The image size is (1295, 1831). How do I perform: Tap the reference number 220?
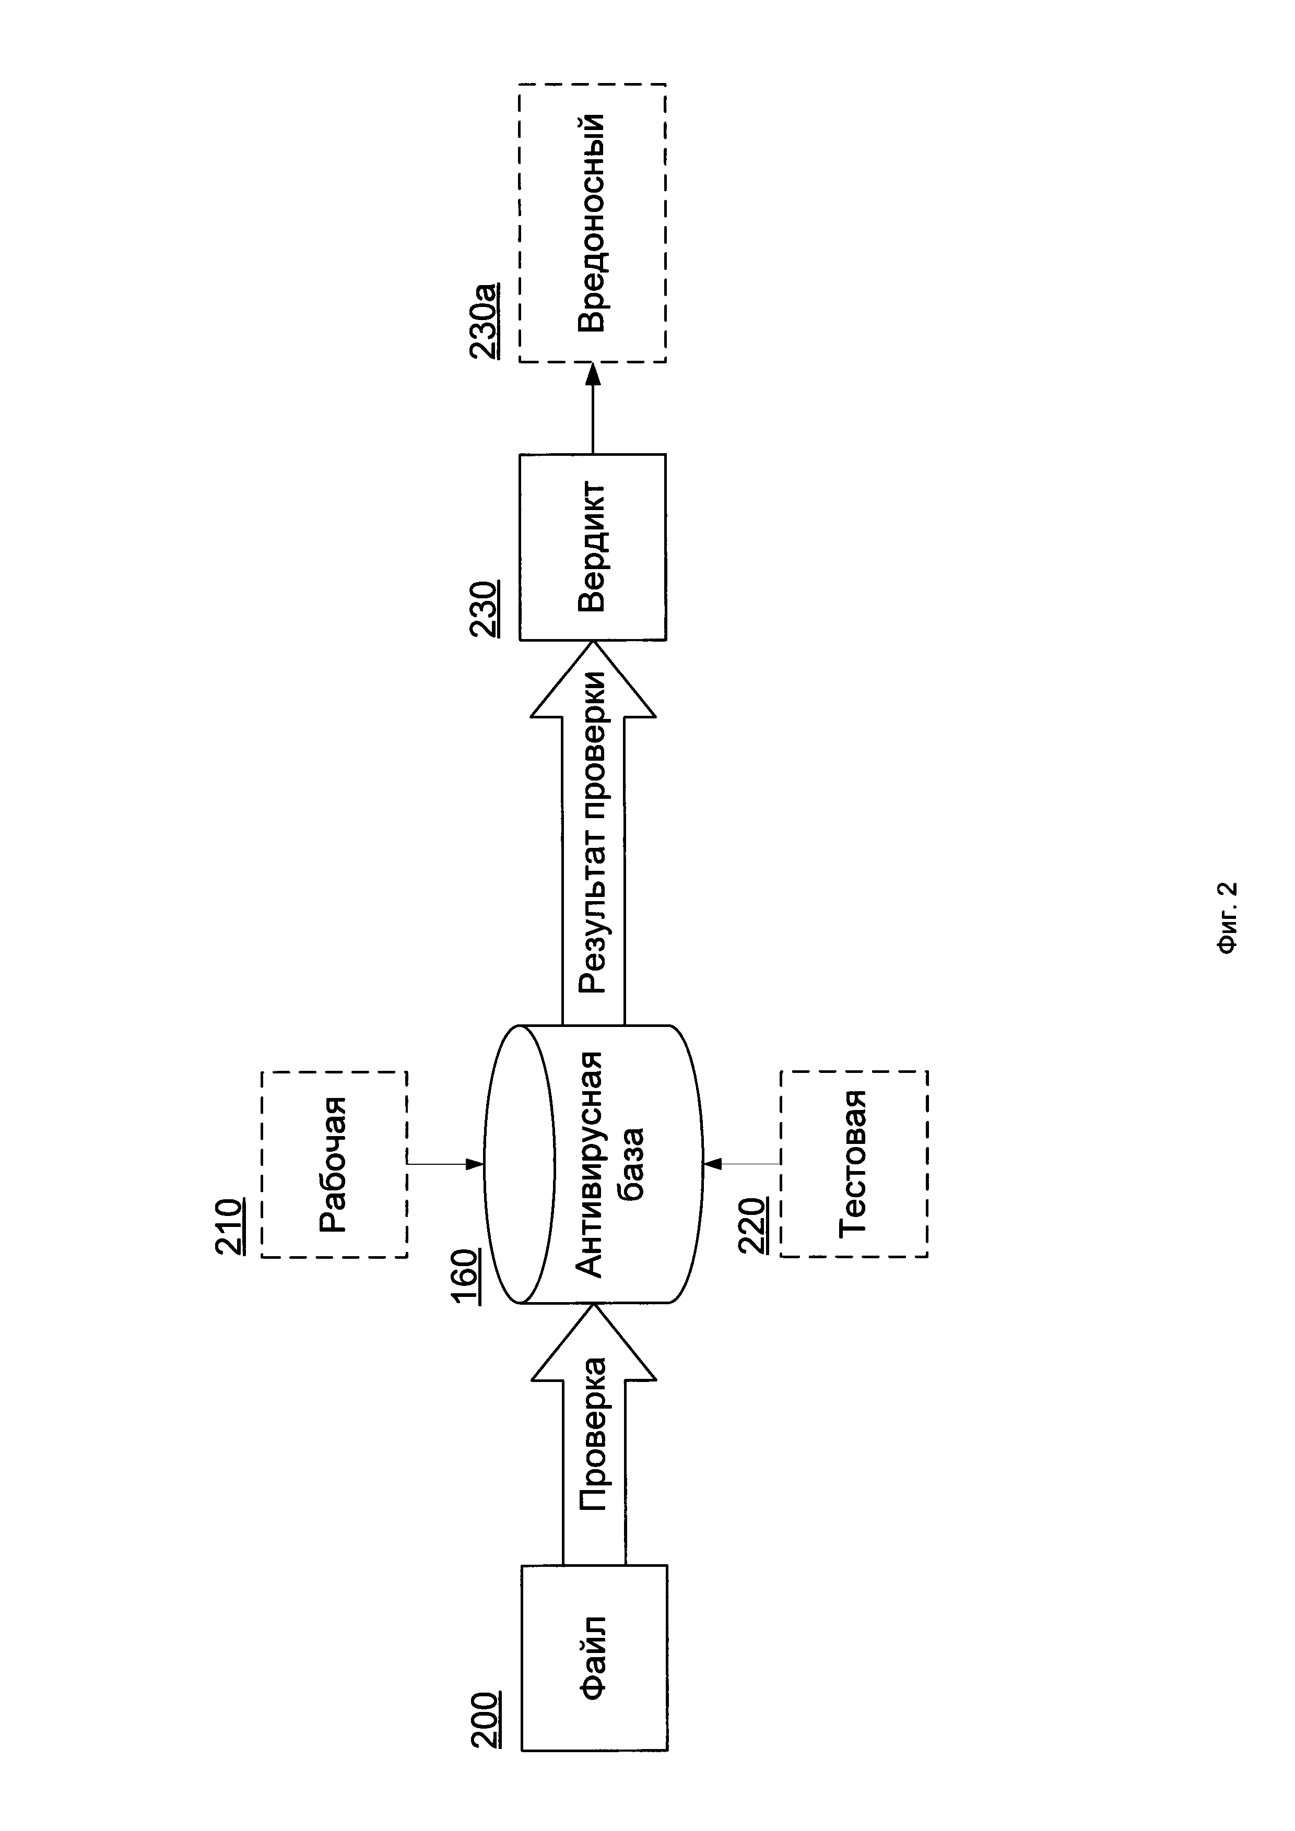coord(754,1226)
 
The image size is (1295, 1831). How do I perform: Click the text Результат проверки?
coord(594,833)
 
